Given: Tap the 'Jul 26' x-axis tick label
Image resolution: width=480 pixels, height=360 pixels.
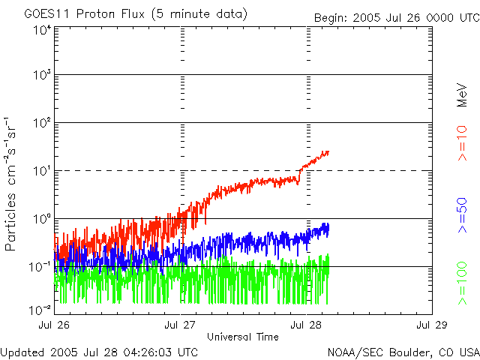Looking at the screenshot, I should [54, 325].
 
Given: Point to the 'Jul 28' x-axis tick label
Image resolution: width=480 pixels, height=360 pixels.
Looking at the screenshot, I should [306, 325].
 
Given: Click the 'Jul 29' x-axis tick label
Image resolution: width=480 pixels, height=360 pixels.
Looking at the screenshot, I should [432, 325].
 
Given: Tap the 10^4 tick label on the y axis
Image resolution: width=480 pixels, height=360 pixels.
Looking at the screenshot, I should [42, 29].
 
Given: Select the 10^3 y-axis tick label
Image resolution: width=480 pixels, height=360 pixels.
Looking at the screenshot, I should [42, 76].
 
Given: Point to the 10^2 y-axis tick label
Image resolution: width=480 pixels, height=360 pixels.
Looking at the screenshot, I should [42, 124].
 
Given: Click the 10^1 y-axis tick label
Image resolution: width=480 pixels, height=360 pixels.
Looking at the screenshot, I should [42, 172].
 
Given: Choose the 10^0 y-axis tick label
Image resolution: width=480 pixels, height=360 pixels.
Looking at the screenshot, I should [42, 220].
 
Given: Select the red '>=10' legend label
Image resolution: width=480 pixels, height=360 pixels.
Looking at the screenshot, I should [462, 144].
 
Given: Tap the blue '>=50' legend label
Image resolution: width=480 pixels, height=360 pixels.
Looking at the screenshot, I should [462, 216].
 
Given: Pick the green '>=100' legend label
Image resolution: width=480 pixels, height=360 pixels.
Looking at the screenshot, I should [462, 283].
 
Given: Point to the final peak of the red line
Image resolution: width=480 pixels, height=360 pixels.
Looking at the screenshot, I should [327, 151].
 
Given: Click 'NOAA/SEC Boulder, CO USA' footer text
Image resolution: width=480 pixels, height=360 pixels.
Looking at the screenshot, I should [403, 352].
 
